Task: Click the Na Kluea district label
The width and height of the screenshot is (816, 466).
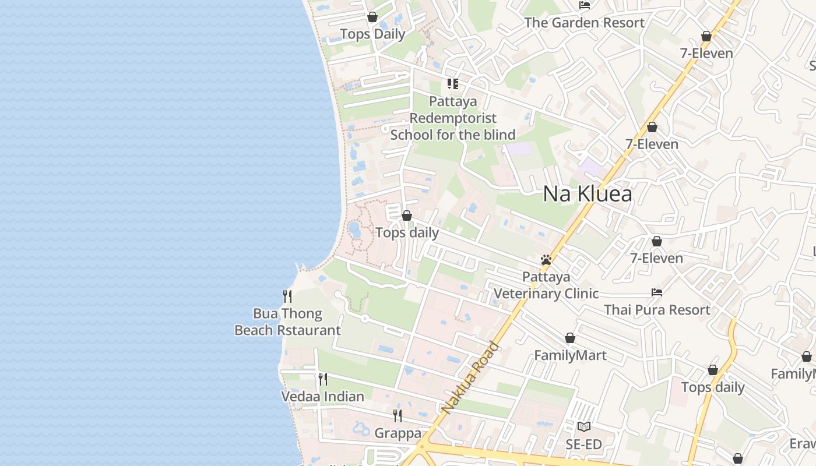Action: [587, 194]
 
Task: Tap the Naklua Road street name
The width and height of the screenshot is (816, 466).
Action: [470, 377]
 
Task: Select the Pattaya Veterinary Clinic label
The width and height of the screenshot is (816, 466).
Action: [546, 285]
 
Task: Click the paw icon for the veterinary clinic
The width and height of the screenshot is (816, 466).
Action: [546, 260]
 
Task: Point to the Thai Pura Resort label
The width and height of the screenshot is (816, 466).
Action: [657, 310]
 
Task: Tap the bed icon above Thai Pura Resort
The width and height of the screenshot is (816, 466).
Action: [657, 292]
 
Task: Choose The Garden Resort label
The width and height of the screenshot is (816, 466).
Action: [584, 23]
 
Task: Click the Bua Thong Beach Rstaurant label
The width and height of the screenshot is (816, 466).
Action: [287, 322]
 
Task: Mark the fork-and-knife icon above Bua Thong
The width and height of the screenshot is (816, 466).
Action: [287, 296]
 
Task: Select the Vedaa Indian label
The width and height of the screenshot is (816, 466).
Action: [322, 397]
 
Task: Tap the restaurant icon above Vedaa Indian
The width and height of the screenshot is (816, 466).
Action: [322, 379]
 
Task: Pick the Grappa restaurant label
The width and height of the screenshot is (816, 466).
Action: [398, 433]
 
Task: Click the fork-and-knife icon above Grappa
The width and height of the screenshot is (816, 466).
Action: [398, 415]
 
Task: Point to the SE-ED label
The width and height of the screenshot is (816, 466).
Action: [583, 445]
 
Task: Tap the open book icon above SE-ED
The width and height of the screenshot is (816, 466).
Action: [583, 427]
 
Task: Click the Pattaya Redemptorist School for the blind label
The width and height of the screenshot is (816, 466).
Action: [452, 118]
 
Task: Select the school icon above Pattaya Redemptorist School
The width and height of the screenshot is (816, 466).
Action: [452, 84]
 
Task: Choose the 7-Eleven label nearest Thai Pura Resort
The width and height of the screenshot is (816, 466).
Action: [656, 258]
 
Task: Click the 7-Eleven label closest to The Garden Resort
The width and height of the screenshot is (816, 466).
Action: [706, 54]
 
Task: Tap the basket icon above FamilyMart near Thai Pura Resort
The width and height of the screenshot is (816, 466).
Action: [570, 338]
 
